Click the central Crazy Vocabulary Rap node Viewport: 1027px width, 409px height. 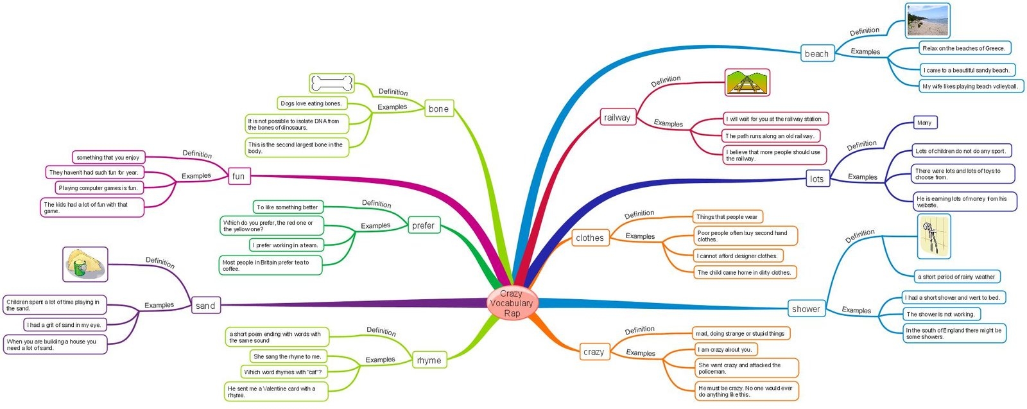[512, 303]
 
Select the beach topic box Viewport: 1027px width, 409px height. [816, 54]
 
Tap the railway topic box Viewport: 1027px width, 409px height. [617, 117]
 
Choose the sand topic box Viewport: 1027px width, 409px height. [205, 306]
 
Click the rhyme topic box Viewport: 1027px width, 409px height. [429, 360]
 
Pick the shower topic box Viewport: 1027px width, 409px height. [806, 309]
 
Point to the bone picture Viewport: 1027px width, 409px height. [331, 83]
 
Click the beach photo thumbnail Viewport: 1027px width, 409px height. [927, 21]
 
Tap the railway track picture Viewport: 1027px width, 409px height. [747, 83]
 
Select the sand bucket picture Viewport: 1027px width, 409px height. [85, 264]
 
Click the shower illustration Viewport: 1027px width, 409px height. [934, 236]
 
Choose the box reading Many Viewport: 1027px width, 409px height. [924, 123]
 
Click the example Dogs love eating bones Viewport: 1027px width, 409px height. [311, 103]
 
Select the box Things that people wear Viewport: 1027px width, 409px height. [727, 217]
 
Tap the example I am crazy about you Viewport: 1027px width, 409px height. [725, 349]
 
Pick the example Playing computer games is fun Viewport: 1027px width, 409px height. [98, 188]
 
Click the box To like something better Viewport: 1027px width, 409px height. [287, 207]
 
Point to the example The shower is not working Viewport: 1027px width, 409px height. [940, 314]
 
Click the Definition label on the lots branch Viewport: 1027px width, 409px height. [861, 145]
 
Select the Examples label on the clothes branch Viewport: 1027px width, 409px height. [640, 236]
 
